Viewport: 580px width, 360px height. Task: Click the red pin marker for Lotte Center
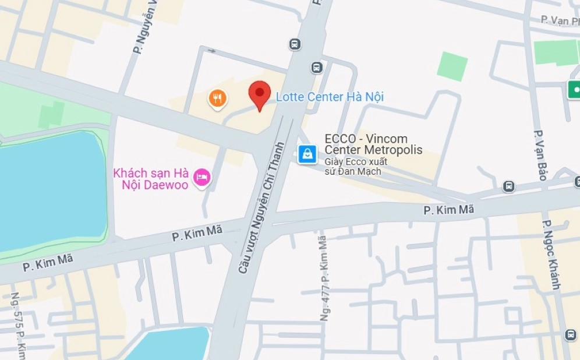click(x=260, y=95)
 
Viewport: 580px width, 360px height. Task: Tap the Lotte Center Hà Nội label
click(x=330, y=97)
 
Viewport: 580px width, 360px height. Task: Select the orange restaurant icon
click(x=217, y=98)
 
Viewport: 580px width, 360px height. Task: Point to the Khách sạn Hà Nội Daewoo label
click(x=151, y=179)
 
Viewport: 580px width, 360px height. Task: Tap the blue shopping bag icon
click(x=307, y=154)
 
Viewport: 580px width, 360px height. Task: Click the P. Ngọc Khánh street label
click(x=551, y=255)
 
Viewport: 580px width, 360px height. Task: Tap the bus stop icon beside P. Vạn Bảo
click(x=508, y=186)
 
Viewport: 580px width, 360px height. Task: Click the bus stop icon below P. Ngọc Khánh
click(x=570, y=335)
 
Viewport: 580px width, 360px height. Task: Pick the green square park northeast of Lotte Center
click(x=452, y=66)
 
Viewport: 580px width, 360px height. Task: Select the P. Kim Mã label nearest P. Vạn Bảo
click(x=448, y=209)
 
